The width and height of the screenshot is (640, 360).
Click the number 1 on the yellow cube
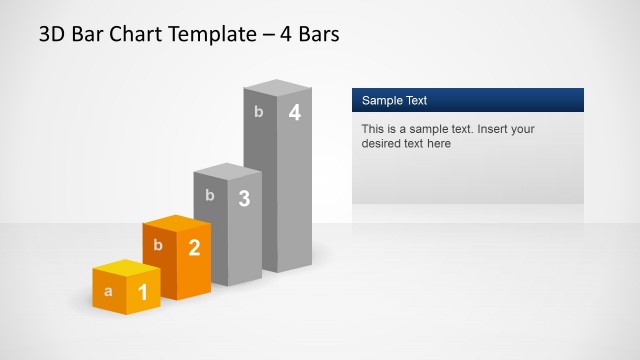142,292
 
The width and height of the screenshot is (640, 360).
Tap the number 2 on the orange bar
194,247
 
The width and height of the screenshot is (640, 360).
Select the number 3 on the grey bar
244,198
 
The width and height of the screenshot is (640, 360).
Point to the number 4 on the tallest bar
294,113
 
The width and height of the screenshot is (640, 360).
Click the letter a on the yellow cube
108,292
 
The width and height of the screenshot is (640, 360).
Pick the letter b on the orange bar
158,244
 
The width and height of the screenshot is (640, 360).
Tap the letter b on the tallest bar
258,111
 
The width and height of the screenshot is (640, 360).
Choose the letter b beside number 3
209,195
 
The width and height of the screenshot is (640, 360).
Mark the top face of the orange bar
176,223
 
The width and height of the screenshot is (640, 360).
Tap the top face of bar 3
227,171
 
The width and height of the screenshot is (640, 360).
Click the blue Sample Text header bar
467,100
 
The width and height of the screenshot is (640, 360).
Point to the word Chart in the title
140,35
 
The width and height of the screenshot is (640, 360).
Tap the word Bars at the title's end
318,35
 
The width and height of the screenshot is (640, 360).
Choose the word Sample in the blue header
382,100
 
